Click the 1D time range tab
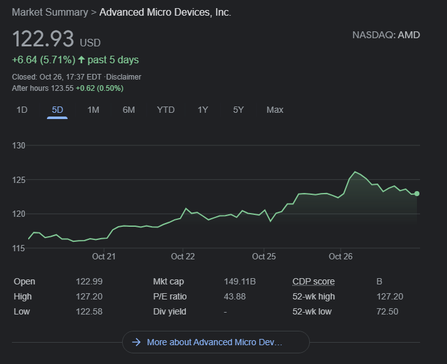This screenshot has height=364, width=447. tap(22, 110)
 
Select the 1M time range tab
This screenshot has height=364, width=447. tap(93, 110)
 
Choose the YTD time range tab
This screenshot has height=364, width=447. tap(165, 110)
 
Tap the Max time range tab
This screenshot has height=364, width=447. tap(275, 110)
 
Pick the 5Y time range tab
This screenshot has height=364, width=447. tap(238, 110)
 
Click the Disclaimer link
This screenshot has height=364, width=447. tap(123, 77)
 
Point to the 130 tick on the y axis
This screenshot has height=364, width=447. tap(19, 145)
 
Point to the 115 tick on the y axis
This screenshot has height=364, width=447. tap(19, 248)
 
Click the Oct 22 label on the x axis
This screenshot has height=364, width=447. tap(183, 256)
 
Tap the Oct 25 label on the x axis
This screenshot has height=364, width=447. tap(264, 256)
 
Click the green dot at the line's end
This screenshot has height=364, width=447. tap(417, 194)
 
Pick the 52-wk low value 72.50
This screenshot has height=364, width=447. tap(387, 311)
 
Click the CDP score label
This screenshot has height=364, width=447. tap(313, 281)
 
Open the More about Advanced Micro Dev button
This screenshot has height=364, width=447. tap(215, 342)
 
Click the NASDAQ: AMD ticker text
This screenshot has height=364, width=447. tap(386, 35)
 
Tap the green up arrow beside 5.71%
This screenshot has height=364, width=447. tap(81, 60)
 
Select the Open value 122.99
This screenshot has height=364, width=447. tap(90, 281)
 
